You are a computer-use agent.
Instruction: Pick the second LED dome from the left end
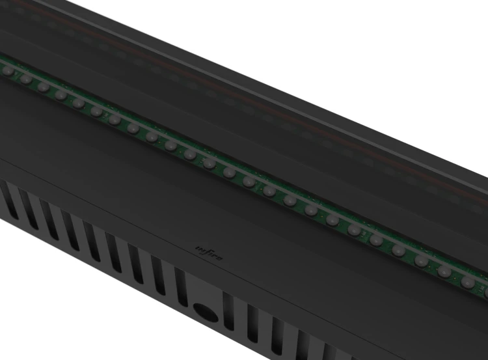25,79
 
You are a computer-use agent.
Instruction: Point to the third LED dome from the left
43,87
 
